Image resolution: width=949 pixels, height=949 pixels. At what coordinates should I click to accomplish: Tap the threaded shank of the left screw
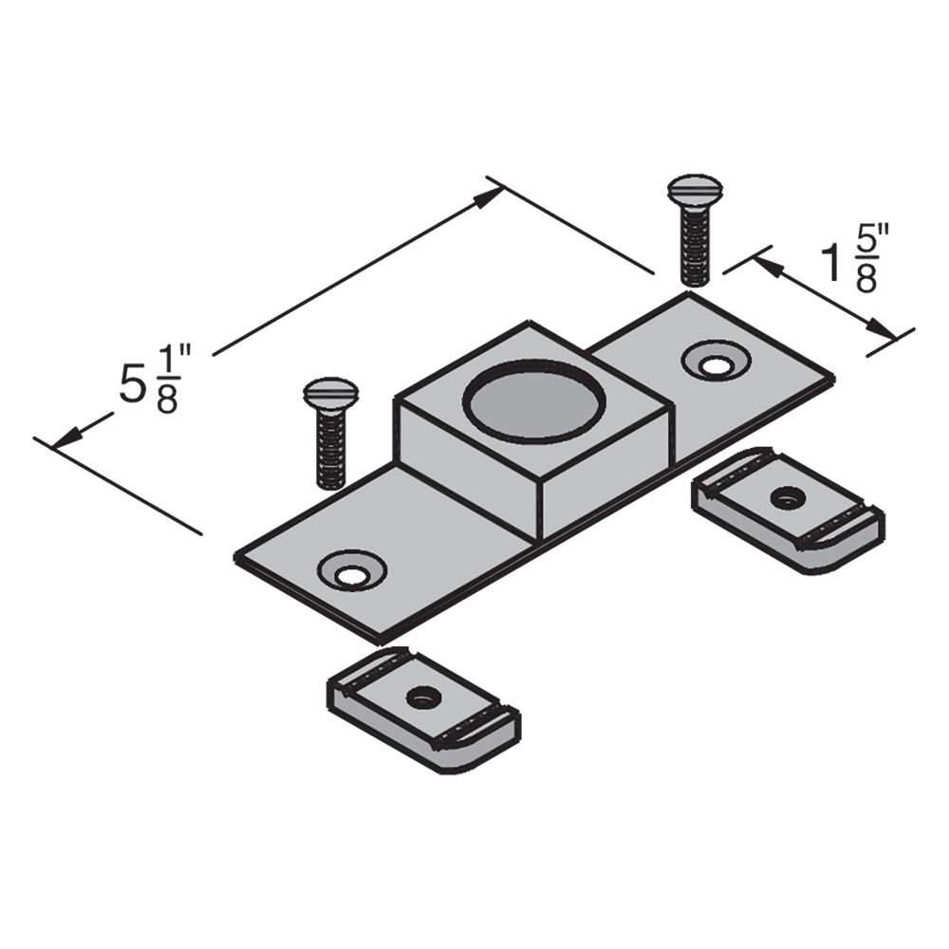tap(330, 449)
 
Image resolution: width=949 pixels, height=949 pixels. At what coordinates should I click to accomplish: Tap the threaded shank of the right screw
tap(695, 245)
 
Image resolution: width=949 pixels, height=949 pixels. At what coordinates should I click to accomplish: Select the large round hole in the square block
tap(533, 400)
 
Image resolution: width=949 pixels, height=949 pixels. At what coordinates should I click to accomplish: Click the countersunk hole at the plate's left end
tap(352, 570)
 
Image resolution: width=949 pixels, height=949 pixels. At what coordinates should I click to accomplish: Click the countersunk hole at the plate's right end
tap(716, 362)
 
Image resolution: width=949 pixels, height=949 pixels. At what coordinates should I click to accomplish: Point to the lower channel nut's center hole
tap(422, 698)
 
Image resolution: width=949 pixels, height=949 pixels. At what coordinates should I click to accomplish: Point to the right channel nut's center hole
tap(787, 498)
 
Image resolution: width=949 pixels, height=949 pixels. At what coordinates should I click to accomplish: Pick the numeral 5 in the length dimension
tap(131, 383)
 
